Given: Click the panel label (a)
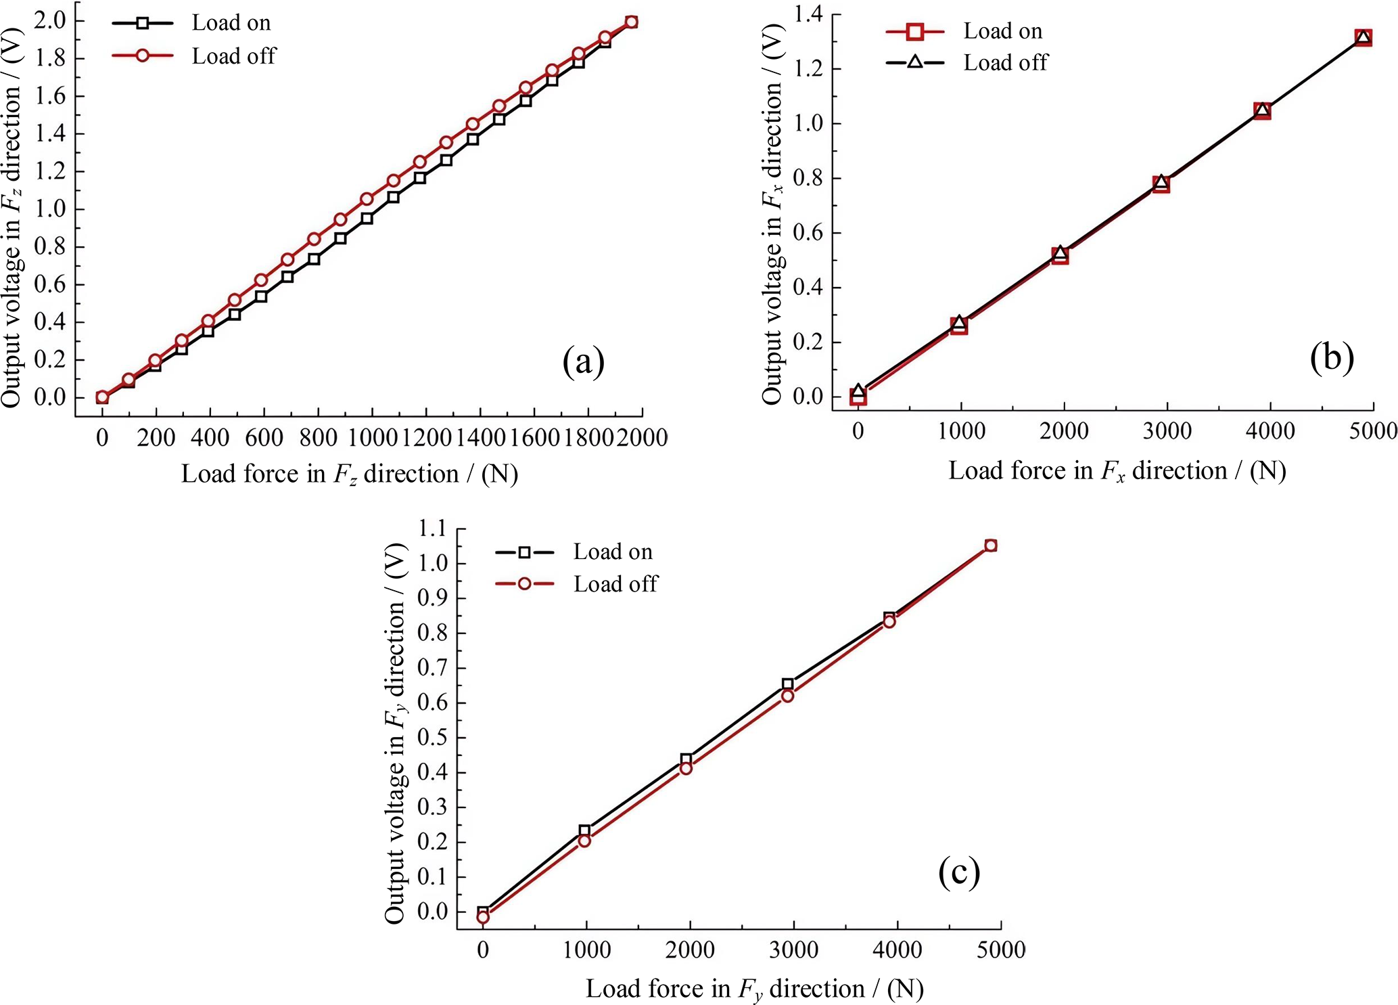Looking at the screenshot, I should pyautogui.click(x=583, y=361).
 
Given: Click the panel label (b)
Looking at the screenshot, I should pyautogui.click(x=1331, y=357).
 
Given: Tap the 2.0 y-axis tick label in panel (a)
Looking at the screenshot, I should pyautogui.click(x=50, y=21).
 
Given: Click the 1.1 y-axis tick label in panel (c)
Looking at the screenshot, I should pyautogui.click(x=433, y=529).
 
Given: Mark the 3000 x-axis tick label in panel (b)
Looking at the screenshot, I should pyautogui.click(x=1167, y=431).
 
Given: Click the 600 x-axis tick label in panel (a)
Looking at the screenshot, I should pyautogui.click(x=264, y=438).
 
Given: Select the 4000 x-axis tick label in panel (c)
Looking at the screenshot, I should pyautogui.click(x=897, y=950).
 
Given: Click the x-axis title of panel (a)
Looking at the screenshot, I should pyautogui.click(x=349, y=474).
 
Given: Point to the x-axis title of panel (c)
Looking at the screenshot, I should pyautogui.click(x=754, y=989).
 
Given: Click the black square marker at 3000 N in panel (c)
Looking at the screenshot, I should pyautogui.click(x=788, y=684).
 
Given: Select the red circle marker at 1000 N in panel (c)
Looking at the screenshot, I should pyautogui.click(x=584, y=841).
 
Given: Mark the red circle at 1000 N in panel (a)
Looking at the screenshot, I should pyautogui.click(x=367, y=199).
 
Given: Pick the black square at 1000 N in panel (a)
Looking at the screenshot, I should pyautogui.click(x=367, y=219).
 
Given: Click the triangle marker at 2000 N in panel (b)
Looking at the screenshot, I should pyautogui.click(x=1061, y=252).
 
